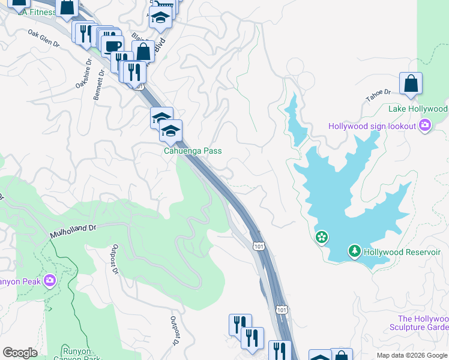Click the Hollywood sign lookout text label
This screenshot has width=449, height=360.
[x=372, y=126]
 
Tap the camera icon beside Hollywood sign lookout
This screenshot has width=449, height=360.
[x=426, y=126]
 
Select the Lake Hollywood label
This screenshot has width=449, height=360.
[x=418, y=109]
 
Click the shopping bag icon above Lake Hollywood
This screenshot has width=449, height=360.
[x=411, y=85]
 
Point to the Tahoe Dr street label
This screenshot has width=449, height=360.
[x=379, y=93]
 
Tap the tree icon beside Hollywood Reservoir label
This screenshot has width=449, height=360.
[x=355, y=251]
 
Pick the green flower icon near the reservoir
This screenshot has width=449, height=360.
[x=322, y=238]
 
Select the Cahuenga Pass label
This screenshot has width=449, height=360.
[x=193, y=151]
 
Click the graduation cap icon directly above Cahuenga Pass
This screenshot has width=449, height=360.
[x=170, y=131]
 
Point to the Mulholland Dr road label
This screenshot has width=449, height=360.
[x=73, y=231]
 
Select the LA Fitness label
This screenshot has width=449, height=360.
[x=37, y=13]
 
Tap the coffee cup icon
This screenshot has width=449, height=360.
[x=112, y=46]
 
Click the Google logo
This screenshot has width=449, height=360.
[x=20, y=353]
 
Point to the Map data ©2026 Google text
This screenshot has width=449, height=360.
[x=412, y=355]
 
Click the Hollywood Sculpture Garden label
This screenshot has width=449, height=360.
[x=423, y=323]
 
